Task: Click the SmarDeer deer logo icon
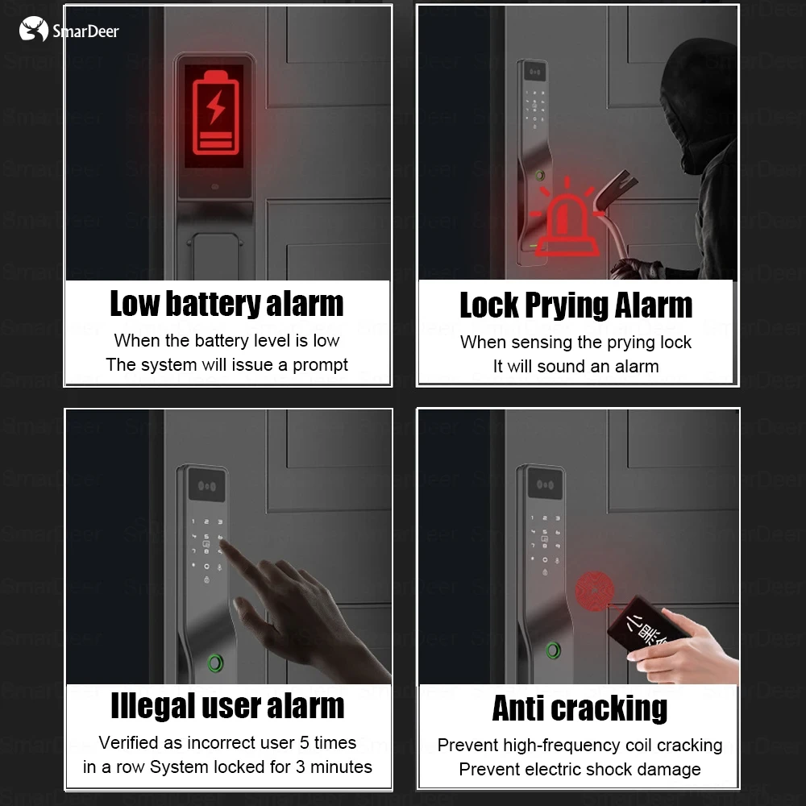(33, 29)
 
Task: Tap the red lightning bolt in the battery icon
(215, 107)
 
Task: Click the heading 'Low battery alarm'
(226, 304)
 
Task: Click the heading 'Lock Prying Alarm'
(575, 305)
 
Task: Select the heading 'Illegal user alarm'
(227, 706)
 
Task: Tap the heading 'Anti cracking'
(580, 708)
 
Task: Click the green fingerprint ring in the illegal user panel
(216, 663)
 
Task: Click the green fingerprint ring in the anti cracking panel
(553, 650)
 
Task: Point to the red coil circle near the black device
(594, 590)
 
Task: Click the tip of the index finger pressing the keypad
(222, 542)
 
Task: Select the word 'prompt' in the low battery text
(320, 365)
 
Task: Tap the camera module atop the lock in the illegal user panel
(206, 484)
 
